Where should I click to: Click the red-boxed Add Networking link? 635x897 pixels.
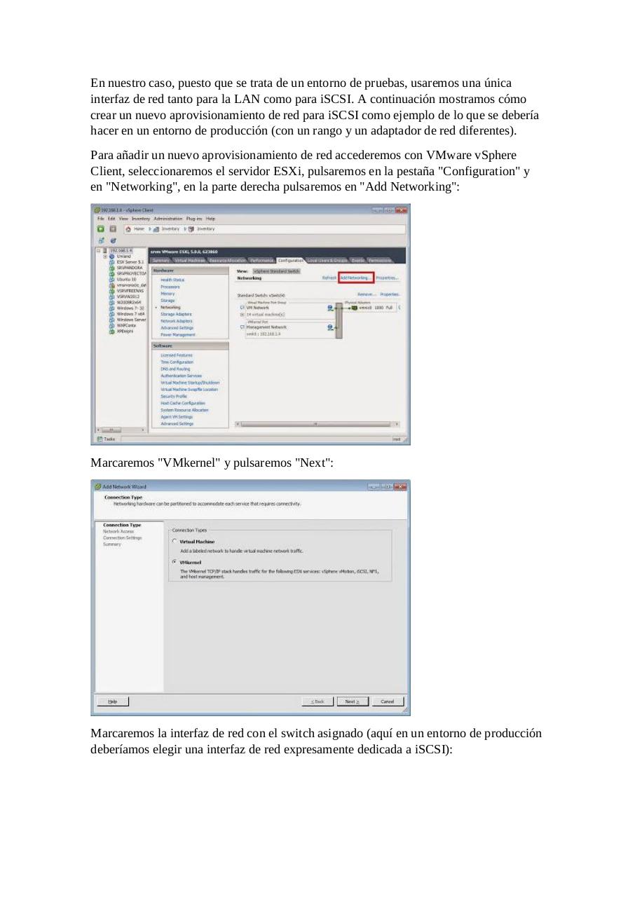(356, 278)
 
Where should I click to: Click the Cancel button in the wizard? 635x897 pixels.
(388, 701)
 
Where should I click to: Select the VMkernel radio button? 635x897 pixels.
(175, 562)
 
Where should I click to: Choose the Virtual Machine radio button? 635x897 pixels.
(175, 542)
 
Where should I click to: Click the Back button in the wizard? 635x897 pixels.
(317, 701)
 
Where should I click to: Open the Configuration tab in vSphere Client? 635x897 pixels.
(290, 260)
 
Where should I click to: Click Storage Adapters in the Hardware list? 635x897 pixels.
(175, 314)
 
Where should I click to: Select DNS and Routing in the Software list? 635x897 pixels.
(175, 369)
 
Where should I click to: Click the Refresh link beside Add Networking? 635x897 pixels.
(329, 278)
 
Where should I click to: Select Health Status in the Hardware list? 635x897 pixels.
(172, 280)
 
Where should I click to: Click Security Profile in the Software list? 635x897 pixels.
(173, 396)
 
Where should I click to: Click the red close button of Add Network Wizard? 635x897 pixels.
(400, 486)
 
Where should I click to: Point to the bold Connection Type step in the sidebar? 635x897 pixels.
(122, 525)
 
